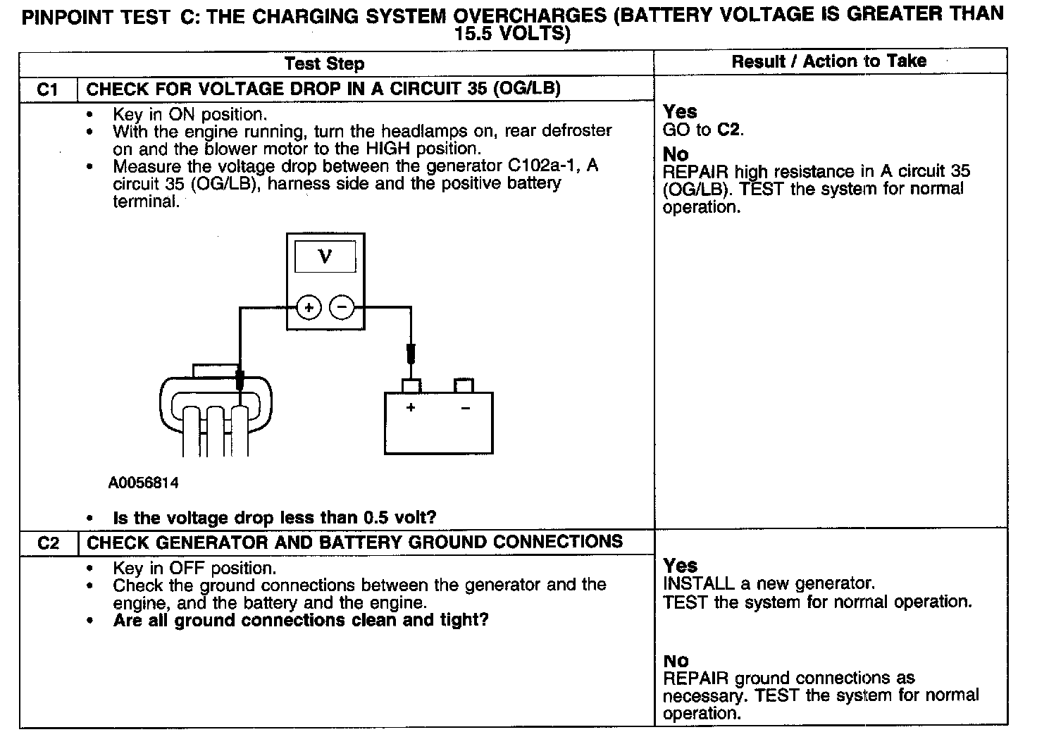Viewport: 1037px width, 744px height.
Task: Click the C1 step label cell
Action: pyautogui.click(x=47, y=89)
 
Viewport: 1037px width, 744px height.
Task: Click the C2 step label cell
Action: pyautogui.click(x=47, y=542)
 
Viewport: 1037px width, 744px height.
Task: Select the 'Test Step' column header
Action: pyautogui.click(x=324, y=63)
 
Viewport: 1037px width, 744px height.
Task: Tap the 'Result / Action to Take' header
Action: pyautogui.click(x=829, y=61)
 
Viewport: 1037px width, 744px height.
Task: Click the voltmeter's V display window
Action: pyautogui.click(x=325, y=256)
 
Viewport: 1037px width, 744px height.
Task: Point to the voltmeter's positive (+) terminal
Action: pyautogui.click(x=309, y=308)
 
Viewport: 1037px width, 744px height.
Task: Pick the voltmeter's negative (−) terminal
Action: pyautogui.click(x=342, y=308)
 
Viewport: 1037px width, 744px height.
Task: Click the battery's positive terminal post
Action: pyautogui.click(x=411, y=385)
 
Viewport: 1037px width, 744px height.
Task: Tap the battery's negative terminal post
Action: pyautogui.click(x=464, y=385)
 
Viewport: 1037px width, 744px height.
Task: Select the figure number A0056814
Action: pyautogui.click(x=144, y=483)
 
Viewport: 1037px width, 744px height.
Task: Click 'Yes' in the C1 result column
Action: pyautogui.click(x=680, y=111)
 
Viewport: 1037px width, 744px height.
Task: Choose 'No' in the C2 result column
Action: pyautogui.click(x=676, y=661)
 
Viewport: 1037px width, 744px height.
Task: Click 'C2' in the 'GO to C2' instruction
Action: pyautogui.click(x=729, y=130)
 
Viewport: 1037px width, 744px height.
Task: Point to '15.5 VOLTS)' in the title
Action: pyautogui.click(x=512, y=34)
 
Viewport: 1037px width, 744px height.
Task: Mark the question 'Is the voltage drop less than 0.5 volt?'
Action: pyautogui.click(x=275, y=518)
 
